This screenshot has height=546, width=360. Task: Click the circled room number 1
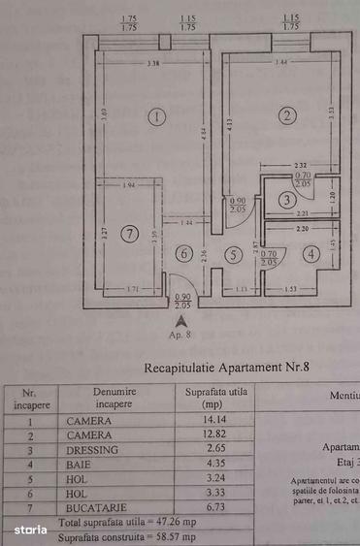[x=158, y=117]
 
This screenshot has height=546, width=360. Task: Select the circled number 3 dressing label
[x=285, y=201]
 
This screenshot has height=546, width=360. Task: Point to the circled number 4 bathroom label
[x=310, y=254]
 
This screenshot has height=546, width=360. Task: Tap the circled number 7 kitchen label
[x=131, y=234]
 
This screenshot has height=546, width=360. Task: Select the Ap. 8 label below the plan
[x=180, y=333]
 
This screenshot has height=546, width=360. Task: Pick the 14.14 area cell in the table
[x=202, y=421]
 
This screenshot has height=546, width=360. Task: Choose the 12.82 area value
[x=202, y=435]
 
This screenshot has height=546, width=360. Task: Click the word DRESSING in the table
[x=92, y=450]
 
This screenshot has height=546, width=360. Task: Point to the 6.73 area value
[x=202, y=506]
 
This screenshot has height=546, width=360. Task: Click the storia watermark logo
[x=30, y=530]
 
